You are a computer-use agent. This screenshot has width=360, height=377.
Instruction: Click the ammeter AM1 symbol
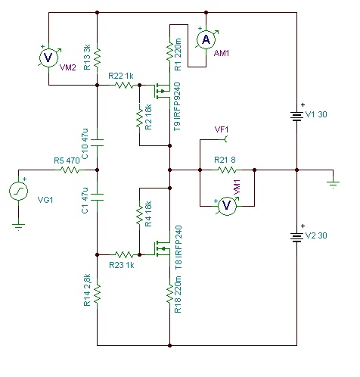coord(206,39)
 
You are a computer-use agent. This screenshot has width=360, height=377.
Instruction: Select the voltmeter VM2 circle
coord(48,58)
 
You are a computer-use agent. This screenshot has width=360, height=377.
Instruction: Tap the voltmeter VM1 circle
coord(227,205)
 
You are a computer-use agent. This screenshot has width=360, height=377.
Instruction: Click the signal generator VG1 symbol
coord(18,191)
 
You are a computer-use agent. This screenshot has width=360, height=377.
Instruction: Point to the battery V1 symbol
coord(296,116)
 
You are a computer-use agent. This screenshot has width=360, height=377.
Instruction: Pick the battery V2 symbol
coord(296,237)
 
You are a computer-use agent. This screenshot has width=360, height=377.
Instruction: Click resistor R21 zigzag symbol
coord(227,170)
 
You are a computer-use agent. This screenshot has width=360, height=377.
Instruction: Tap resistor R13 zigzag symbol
coord(98,58)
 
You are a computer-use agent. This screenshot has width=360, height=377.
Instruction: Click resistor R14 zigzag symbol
coord(98,293)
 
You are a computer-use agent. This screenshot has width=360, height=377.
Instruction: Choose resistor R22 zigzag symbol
coord(124,85)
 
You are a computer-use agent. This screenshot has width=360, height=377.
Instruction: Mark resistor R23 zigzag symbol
coord(124,254)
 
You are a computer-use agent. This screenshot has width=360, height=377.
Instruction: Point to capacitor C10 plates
coord(98,143)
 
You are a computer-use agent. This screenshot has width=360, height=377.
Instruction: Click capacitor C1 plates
coord(98,198)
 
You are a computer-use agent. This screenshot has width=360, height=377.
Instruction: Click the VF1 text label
coord(222,129)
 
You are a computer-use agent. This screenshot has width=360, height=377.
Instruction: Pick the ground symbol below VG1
coord(18,226)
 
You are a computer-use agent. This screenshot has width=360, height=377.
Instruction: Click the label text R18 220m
coord(178,294)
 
